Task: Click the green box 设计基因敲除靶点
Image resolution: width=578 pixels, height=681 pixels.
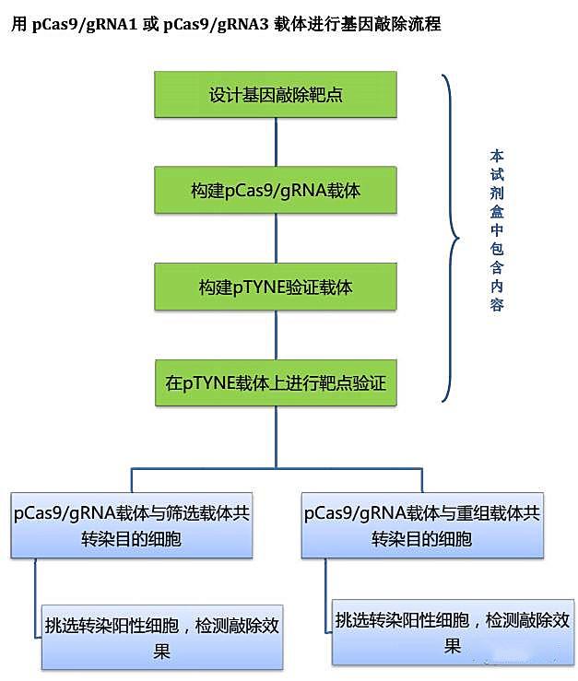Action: [276, 94]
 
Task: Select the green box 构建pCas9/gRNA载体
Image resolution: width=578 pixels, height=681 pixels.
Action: [276, 190]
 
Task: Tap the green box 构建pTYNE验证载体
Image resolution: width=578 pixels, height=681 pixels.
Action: [276, 287]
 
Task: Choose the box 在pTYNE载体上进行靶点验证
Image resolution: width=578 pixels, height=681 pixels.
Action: [276, 382]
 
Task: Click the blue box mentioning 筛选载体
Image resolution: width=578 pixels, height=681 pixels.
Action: [131, 525]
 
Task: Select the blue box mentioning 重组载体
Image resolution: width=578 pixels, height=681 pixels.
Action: [421, 525]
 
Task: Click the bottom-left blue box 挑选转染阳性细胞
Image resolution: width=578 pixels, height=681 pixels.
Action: [162, 637]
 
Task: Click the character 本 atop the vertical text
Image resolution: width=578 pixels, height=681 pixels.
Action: [498, 156]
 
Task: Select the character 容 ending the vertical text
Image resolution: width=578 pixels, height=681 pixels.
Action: [498, 305]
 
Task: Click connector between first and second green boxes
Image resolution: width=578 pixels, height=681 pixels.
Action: [276, 141]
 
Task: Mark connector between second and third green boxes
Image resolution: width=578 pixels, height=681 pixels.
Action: [276, 238]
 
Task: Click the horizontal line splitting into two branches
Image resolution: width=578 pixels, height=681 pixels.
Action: [276, 470]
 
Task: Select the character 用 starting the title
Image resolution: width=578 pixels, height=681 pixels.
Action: [18, 25]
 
